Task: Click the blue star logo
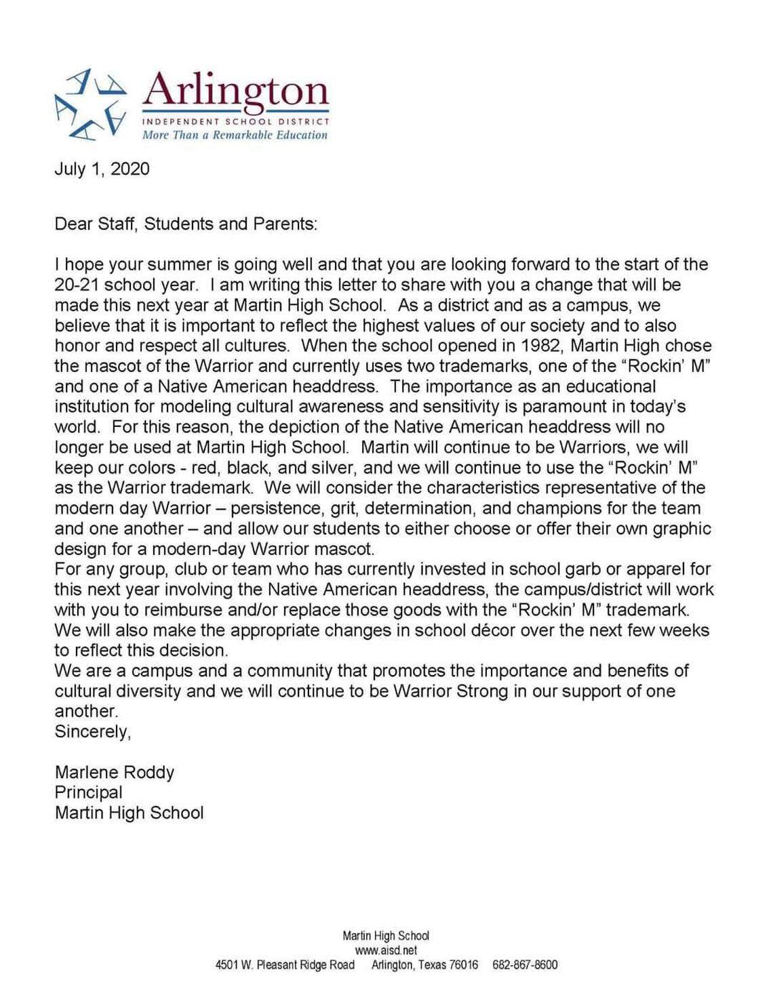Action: tap(91, 104)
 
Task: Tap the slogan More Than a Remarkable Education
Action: tap(235, 135)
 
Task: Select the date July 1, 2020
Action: tap(102, 169)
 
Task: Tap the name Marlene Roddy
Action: tap(115, 773)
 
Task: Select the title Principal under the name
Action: tap(89, 793)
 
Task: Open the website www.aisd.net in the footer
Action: tap(386, 950)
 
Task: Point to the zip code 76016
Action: tap(464, 965)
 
